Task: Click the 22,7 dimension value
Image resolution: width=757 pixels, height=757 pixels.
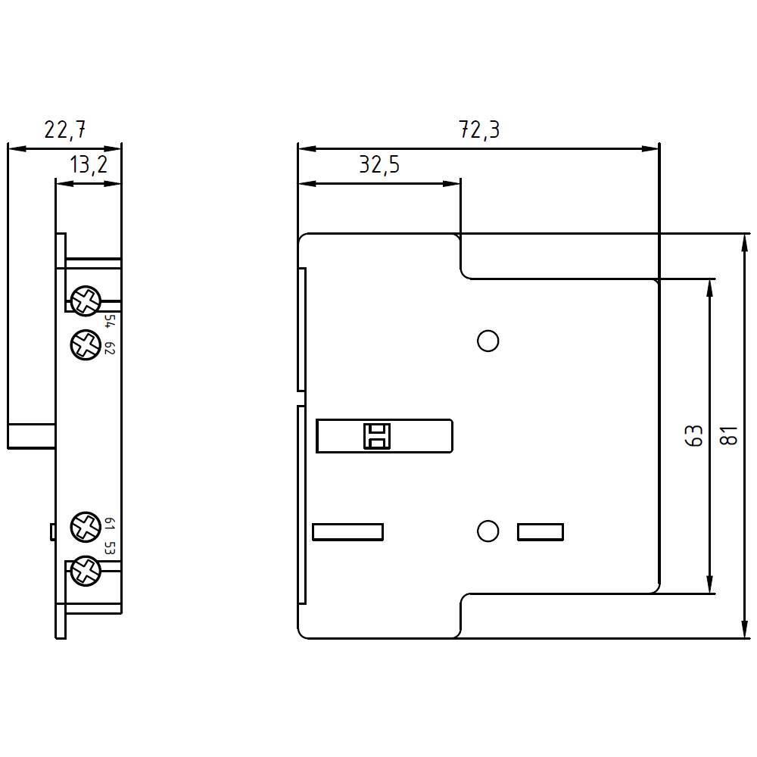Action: pos(64,130)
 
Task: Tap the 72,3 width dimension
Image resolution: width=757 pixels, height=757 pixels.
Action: pos(479,130)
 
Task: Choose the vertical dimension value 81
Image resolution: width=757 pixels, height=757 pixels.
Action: pos(729,436)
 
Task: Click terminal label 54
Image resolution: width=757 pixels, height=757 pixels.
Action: pos(108,321)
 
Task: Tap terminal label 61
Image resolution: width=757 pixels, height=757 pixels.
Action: pos(108,524)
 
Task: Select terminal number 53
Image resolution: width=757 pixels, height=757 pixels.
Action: pos(108,549)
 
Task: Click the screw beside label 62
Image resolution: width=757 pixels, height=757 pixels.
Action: pos(85,345)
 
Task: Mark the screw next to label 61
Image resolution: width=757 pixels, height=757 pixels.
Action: pos(85,525)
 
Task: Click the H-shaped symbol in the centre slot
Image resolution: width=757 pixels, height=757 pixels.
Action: pos(376,436)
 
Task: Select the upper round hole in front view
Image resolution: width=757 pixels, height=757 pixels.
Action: pos(488,341)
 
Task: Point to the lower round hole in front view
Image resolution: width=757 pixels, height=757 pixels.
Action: pos(488,531)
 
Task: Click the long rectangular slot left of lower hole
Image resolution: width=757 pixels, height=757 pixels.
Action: pos(347,532)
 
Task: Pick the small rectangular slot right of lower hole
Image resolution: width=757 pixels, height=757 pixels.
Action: pos(540,532)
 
